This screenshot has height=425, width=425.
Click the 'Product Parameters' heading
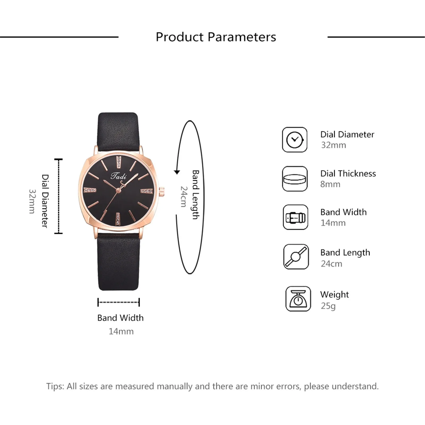[x=216, y=37]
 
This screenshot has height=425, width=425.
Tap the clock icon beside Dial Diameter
[x=295, y=140]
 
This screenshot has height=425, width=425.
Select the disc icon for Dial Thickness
[x=295, y=179]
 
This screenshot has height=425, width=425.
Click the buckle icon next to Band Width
[x=295, y=217]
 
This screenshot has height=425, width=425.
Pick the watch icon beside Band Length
[x=296, y=257]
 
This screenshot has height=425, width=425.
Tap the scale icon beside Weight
[x=298, y=299]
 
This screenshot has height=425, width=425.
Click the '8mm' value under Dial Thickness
[x=330, y=184]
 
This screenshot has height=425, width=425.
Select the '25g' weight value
[x=328, y=306]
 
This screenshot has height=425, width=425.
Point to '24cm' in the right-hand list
[x=331, y=264]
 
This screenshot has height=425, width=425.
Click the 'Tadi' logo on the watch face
[x=118, y=176]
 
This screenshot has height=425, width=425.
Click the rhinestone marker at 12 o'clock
[x=119, y=162]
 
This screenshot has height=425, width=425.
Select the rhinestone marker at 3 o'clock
[x=147, y=191]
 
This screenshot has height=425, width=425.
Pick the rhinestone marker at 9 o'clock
[x=90, y=190]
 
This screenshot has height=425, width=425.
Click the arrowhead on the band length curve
[x=177, y=172]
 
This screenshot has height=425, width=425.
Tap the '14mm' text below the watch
[x=121, y=331]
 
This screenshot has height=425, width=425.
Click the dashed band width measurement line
[x=118, y=302]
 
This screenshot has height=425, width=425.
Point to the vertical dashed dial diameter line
[x=58, y=196]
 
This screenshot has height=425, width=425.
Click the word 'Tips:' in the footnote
[x=55, y=386]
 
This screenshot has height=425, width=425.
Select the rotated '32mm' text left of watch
[x=32, y=201]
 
